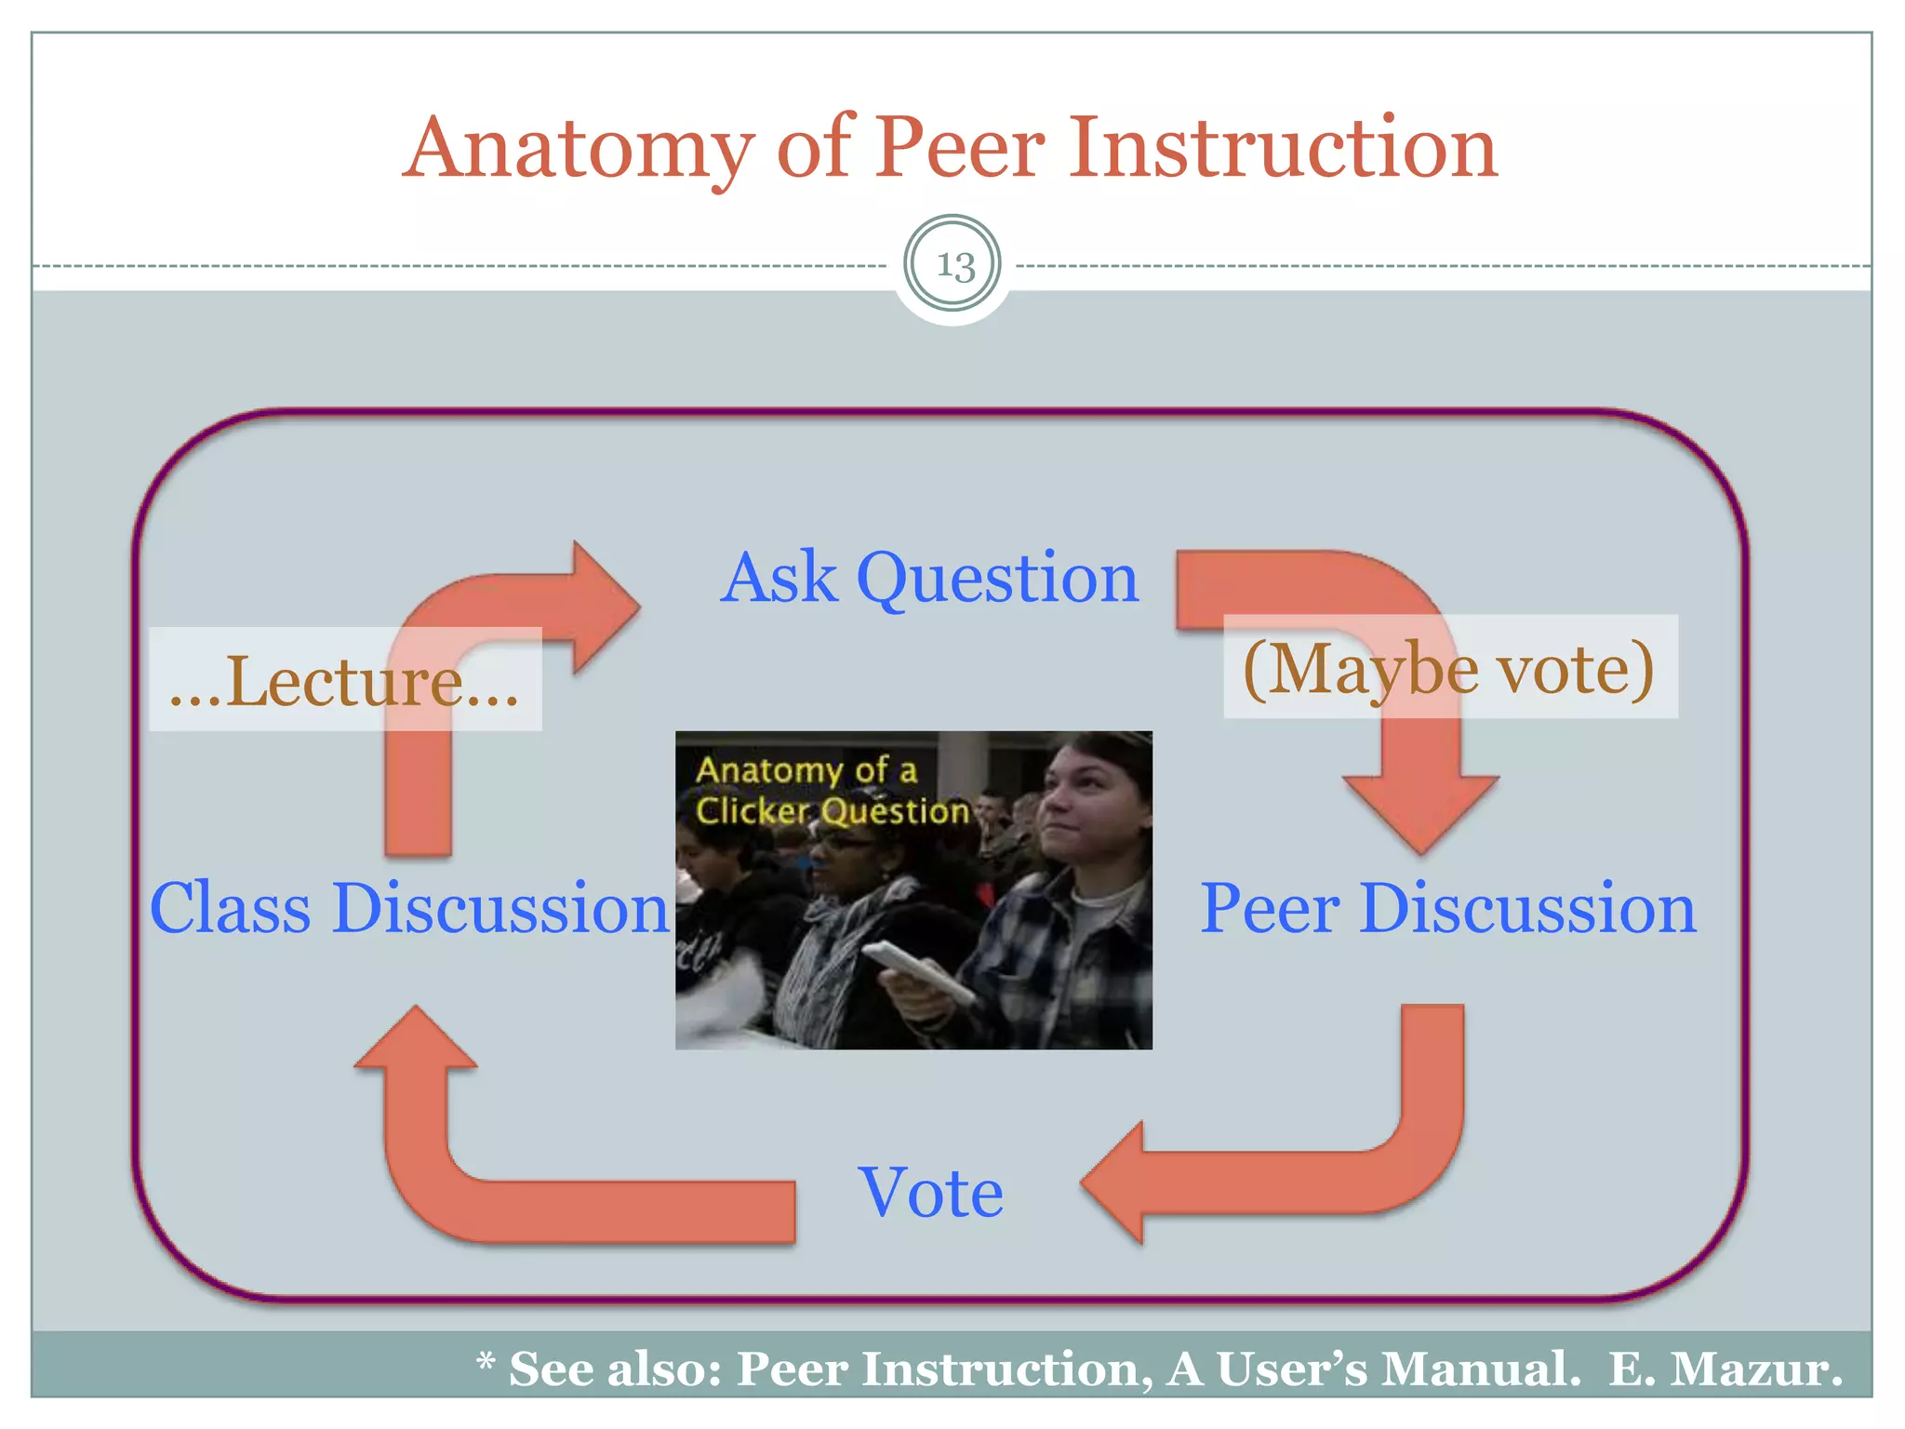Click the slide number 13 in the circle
(953, 265)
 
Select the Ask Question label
(929, 578)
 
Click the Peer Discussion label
(1447, 909)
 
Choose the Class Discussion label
(409, 909)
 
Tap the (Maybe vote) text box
(1449, 668)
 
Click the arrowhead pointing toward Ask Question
(605, 607)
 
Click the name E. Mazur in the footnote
(1725, 1369)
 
